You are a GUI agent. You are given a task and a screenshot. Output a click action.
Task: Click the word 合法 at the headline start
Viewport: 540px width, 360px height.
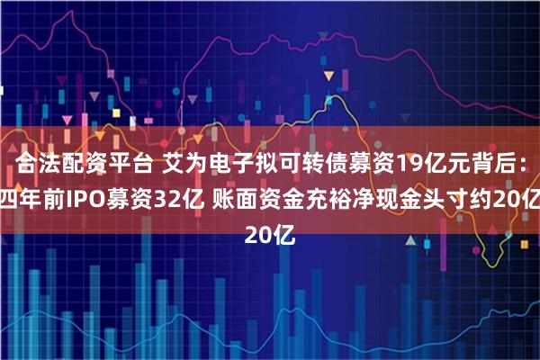tap(37, 163)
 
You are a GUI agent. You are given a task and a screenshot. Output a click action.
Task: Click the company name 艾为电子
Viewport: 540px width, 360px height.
tap(196, 163)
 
